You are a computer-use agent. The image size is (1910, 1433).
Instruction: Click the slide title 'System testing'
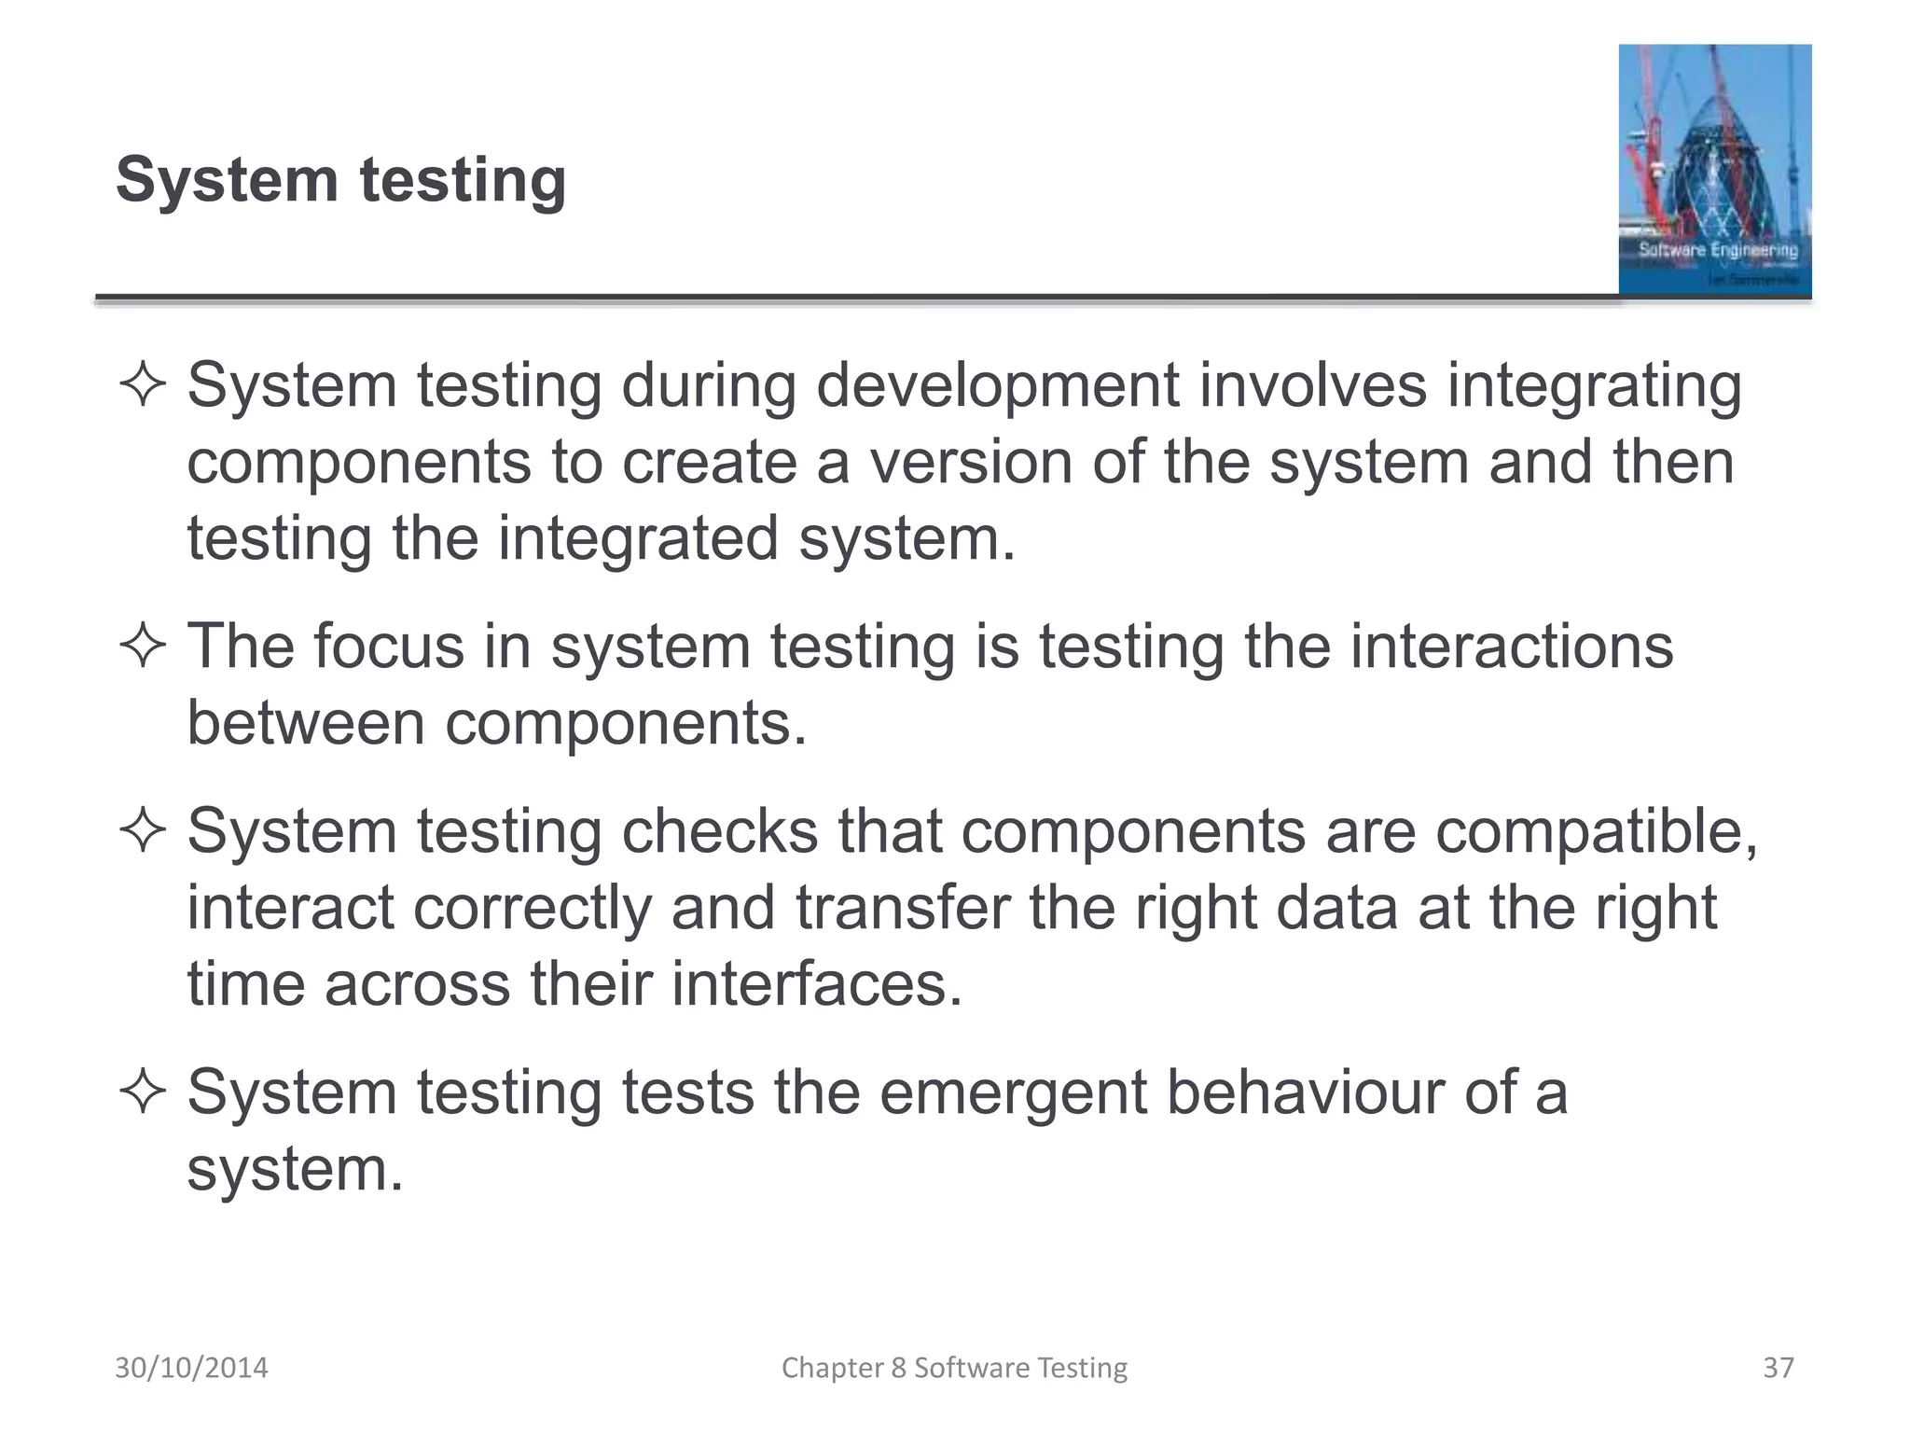tap(340, 179)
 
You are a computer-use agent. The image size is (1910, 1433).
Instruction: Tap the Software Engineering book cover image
tap(1714, 170)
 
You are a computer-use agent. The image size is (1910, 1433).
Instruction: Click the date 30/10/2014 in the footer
tap(191, 1368)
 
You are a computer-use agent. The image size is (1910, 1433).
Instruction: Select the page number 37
tap(1778, 1368)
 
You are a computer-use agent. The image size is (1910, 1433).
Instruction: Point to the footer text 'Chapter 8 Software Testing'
tap(954, 1368)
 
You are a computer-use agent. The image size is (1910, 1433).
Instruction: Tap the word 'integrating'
tap(1594, 387)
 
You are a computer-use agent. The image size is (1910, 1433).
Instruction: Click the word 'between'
tap(306, 723)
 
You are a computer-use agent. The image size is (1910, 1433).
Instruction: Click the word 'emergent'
tap(1013, 1093)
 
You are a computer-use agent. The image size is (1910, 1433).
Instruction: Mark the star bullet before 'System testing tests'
tap(143, 1092)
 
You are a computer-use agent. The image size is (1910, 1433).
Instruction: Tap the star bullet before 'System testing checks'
tap(143, 830)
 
